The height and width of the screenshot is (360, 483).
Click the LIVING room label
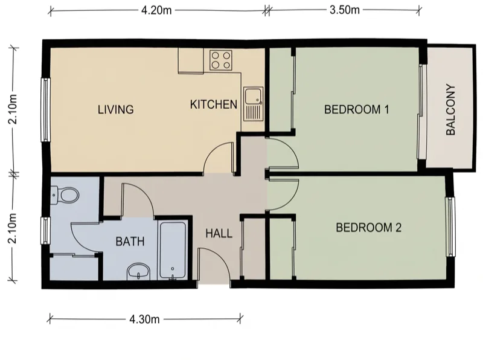pyautogui.click(x=116, y=110)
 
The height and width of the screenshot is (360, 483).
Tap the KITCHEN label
pyautogui.click(x=214, y=104)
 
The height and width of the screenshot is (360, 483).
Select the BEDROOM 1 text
pyautogui.click(x=357, y=109)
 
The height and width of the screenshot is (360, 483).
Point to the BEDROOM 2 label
pyautogui.click(x=369, y=228)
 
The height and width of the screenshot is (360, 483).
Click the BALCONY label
pyautogui.click(x=450, y=109)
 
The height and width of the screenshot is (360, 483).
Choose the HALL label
pyautogui.click(x=219, y=233)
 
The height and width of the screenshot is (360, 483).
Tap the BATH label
pyautogui.click(x=130, y=242)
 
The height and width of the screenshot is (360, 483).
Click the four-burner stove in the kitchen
pyautogui.click(x=221, y=60)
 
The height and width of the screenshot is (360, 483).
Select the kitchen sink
pyautogui.click(x=254, y=104)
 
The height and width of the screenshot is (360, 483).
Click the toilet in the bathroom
pyautogui.click(x=65, y=194)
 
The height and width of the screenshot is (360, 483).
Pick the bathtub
pyautogui.click(x=173, y=250)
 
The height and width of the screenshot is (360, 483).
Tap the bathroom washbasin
pyautogui.click(x=138, y=272)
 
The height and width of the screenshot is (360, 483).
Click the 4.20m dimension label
pyautogui.click(x=156, y=10)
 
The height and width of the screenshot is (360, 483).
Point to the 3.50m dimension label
pyautogui.click(x=344, y=10)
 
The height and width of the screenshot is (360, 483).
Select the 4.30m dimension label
pyautogui.click(x=144, y=320)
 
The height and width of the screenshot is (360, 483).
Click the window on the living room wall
pyautogui.click(x=46, y=110)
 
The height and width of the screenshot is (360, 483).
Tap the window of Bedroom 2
pyautogui.click(x=450, y=227)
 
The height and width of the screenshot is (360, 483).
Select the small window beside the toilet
pyautogui.click(x=46, y=231)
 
